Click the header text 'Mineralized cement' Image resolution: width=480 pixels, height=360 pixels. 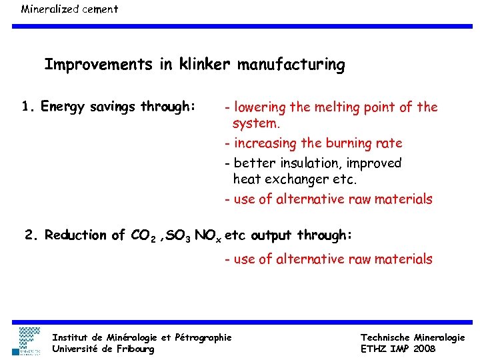(69, 9)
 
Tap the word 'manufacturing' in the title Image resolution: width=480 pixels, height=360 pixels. (291, 65)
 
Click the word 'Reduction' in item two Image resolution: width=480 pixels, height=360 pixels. (75, 235)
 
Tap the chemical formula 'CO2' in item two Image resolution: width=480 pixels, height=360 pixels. (143, 236)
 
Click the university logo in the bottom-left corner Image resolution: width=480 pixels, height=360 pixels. (29, 340)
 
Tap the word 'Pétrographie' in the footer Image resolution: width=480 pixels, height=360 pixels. (203, 338)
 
